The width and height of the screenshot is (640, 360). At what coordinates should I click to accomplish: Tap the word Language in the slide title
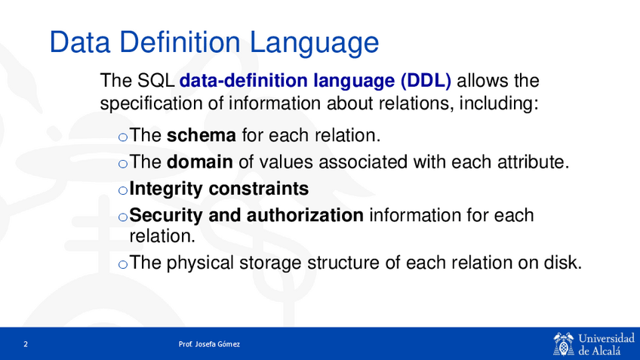314,43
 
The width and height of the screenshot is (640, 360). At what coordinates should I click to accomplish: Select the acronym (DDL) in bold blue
426,81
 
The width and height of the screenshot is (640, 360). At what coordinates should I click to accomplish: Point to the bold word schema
202,135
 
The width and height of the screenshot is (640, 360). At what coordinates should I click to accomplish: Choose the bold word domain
199,162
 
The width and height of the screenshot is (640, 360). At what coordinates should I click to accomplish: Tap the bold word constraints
259,189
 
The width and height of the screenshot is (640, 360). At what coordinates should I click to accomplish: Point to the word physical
200,263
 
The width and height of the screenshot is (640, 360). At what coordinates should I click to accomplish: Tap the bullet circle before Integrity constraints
123,190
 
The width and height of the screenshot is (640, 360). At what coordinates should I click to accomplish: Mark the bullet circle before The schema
123,137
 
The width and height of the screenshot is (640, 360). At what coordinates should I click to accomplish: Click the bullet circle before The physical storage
123,264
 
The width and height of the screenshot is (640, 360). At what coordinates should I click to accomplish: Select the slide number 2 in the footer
26,344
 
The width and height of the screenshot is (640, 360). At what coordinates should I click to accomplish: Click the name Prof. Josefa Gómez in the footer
209,344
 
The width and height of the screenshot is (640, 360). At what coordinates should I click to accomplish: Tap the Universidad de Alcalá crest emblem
564,343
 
